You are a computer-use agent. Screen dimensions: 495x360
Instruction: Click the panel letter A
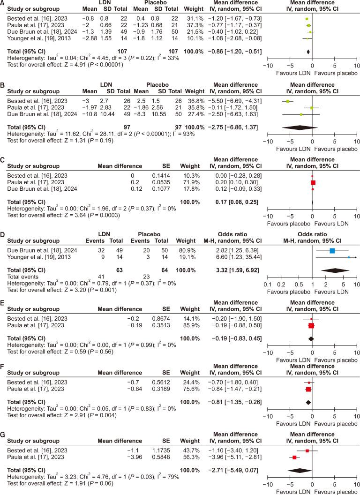click(x=3, y=3)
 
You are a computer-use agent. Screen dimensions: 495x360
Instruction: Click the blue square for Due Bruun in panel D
click(x=332, y=251)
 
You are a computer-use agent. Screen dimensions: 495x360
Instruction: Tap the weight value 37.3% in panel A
click(x=192, y=24)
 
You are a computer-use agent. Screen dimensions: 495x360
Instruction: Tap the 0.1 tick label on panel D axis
click(x=268, y=285)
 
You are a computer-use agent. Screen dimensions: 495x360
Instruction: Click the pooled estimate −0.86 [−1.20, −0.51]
click(x=238, y=51)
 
